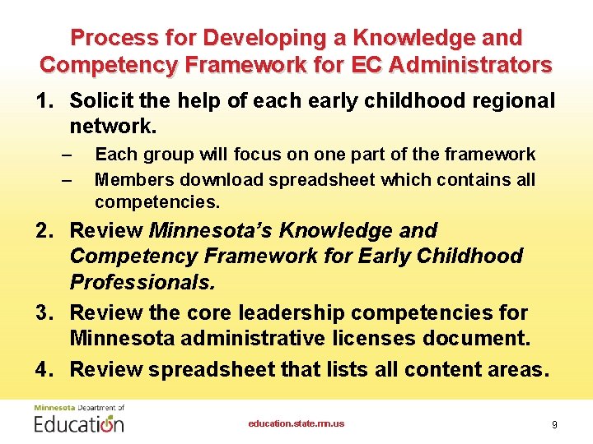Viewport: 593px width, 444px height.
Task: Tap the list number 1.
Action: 43,100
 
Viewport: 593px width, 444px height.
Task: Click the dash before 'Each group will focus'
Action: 68,155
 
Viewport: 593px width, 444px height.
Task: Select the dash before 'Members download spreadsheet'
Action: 68,179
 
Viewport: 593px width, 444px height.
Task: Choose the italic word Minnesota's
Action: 212,230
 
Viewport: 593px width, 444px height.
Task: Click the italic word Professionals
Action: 142,283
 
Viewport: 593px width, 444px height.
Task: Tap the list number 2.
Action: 44,230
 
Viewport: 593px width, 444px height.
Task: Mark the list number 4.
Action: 44,369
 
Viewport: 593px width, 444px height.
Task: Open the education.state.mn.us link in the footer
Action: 296,423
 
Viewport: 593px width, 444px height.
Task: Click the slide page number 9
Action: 554,424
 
